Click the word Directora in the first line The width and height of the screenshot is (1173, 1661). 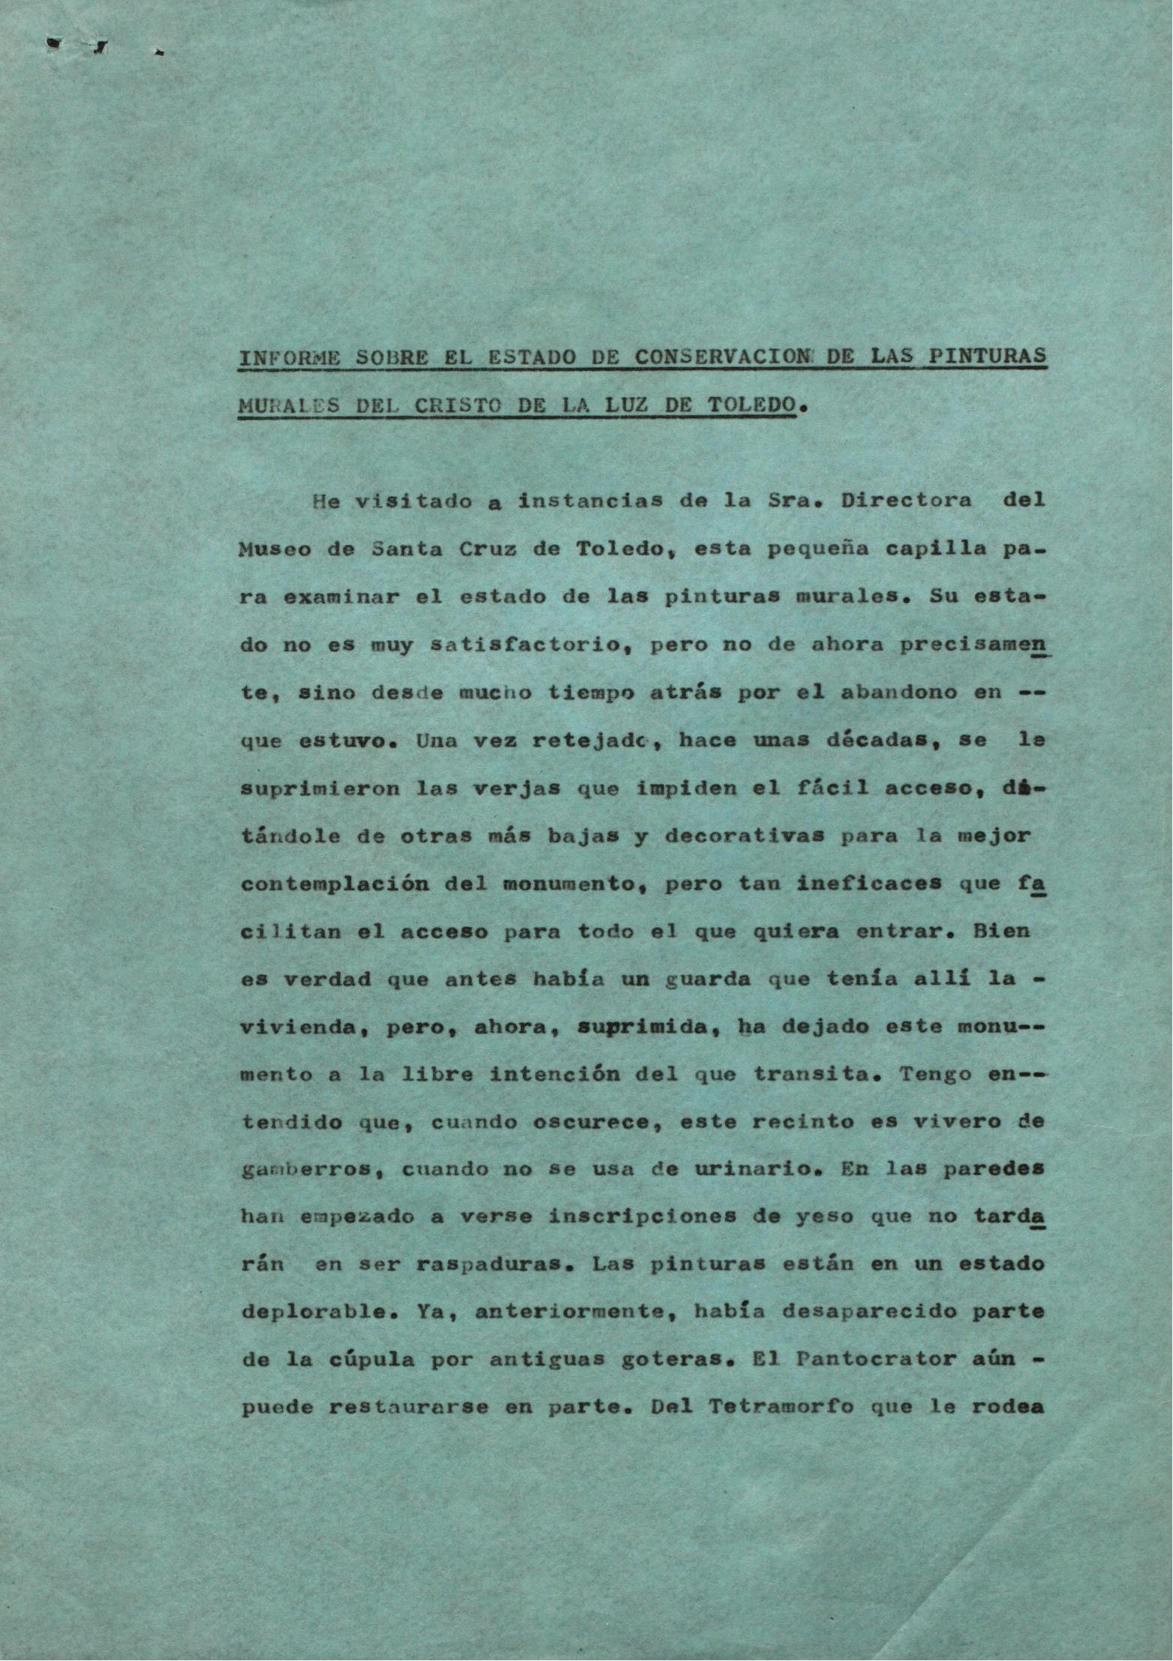pos(906,501)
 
